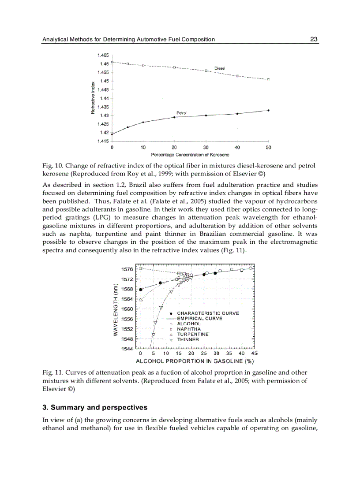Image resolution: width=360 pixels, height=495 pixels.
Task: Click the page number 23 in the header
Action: tap(314, 39)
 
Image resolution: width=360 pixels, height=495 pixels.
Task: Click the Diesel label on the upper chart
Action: tap(220, 68)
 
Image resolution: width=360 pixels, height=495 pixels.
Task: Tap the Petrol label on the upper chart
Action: tap(181, 113)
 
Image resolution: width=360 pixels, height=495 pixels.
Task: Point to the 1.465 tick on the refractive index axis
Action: tap(103, 55)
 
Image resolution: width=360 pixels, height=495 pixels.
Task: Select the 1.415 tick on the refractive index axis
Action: tap(103, 141)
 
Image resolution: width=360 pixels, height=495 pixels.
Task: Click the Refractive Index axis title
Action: tap(93, 97)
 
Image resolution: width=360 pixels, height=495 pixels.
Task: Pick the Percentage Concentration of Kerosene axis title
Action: tap(190, 155)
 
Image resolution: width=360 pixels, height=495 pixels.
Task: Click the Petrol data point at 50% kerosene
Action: tap(268, 110)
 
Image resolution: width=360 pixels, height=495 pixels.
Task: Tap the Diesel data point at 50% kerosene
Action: tap(268, 79)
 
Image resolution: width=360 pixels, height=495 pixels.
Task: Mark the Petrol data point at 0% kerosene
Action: tap(112, 134)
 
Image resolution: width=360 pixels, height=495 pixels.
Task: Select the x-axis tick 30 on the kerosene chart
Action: tap(206, 147)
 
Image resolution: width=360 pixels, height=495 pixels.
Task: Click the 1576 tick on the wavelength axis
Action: tap(127, 269)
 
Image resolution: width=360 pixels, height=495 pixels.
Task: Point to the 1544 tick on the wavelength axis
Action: tap(127, 349)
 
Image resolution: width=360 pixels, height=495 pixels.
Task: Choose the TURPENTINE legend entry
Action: tap(192, 335)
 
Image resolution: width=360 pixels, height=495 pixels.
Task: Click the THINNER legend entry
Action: tap(187, 340)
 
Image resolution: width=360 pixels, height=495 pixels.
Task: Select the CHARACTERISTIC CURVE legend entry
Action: tap(208, 313)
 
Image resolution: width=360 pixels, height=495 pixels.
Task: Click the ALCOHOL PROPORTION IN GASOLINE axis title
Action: tap(194, 361)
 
